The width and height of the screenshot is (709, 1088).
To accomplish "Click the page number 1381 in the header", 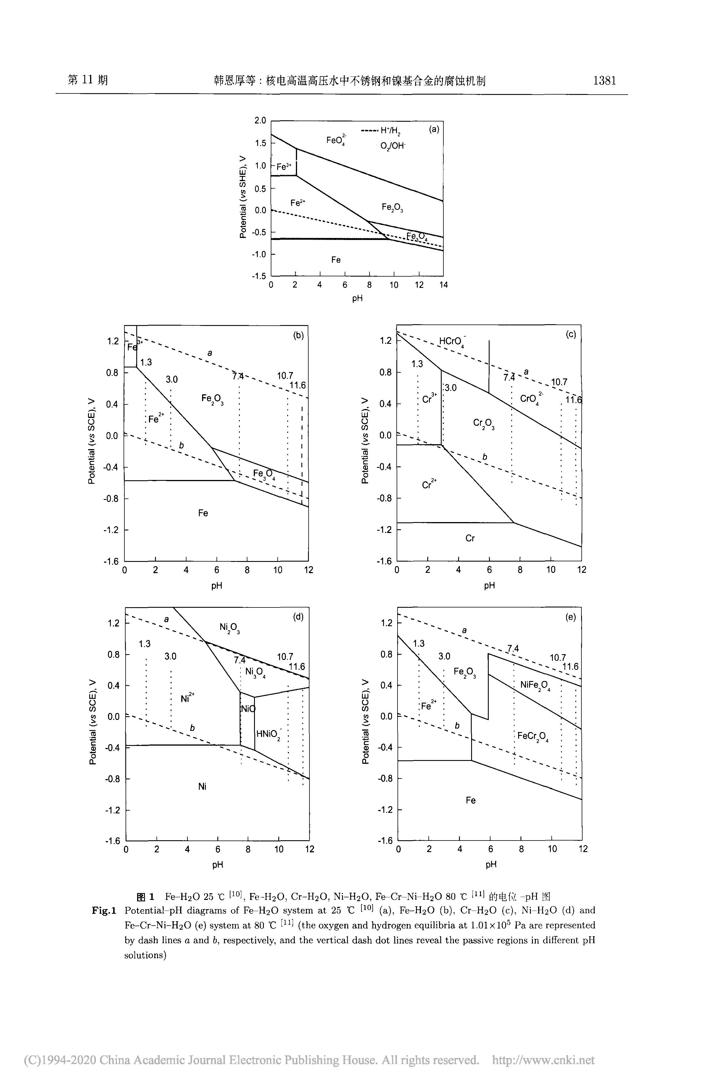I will pos(604,81).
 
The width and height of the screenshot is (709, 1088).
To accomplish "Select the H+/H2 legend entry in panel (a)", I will pos(381,132).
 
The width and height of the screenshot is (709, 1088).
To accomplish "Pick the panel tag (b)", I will pos(298,335).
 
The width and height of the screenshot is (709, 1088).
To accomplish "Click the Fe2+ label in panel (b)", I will pos(156,418).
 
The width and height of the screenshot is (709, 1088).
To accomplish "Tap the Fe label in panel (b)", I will pos(203,513).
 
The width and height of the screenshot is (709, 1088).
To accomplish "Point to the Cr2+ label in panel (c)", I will pos(429,484).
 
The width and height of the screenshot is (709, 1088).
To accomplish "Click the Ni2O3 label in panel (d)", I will pos(230,628).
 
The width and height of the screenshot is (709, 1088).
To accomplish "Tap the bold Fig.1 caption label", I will pos(104,910).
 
